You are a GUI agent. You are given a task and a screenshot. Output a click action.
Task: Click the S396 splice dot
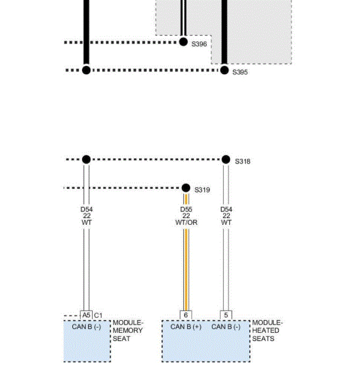click(183, 42)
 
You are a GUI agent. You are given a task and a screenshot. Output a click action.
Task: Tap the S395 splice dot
click(224, 70)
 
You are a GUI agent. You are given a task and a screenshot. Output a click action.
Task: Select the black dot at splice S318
click(226, 160)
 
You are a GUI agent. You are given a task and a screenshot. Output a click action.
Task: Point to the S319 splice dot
click(186, 188)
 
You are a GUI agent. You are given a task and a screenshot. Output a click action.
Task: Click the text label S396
click(199, 45)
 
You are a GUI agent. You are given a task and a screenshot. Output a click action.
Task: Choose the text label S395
click(240, 73)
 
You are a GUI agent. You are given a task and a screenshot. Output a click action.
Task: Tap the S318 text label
click(243, 162)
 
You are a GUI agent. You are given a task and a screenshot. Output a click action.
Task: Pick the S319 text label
click(202, 190)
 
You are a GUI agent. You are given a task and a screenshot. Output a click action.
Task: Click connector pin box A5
click(86, 315)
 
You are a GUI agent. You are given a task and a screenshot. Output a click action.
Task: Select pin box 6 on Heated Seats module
click(185, 315)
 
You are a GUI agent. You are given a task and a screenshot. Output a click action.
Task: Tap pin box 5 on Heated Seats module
click(226, 315)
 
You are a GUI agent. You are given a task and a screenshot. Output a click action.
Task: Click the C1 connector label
click(98, 315)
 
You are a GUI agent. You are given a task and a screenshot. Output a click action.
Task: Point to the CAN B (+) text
click(185, 327)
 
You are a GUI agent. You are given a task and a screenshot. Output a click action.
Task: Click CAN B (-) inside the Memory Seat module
click(86, 327)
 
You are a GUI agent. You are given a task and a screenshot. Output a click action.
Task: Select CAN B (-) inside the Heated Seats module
click(226, 327)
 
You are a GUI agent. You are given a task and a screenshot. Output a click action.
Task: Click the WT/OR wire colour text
click(186, 223)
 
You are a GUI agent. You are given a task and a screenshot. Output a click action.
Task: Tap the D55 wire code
click(186, 209)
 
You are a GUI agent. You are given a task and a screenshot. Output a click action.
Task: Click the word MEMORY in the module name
click(128, 331)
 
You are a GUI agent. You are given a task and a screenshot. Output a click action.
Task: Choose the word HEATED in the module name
click(266, 331)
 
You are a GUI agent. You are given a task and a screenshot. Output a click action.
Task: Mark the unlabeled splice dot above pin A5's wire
click(86, 160)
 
